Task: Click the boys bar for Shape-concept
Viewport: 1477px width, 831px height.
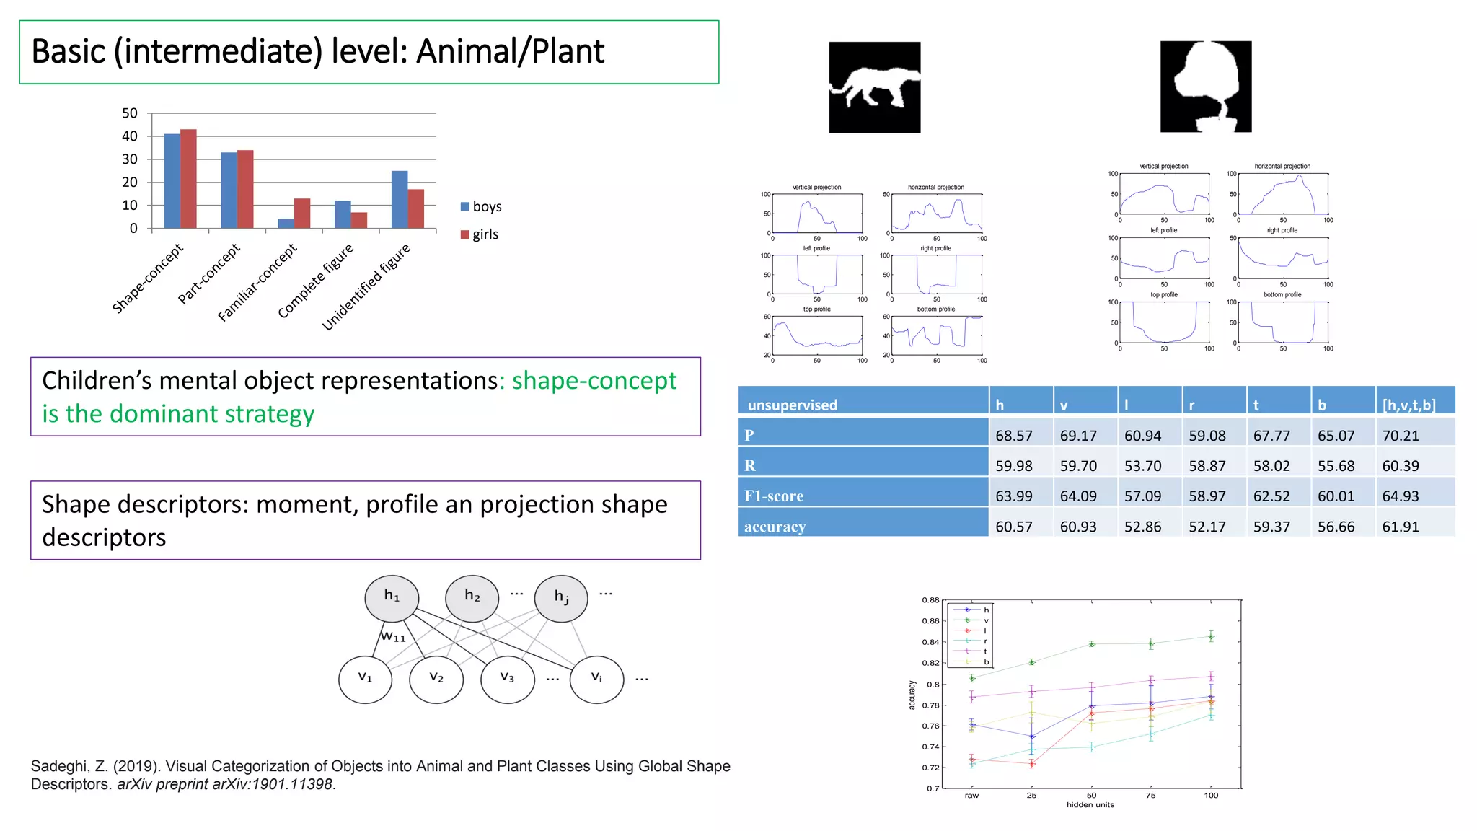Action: coord(172,181)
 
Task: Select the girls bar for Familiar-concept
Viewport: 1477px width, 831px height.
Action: coord(302,214)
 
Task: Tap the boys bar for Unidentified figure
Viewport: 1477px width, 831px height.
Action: coord(400,200)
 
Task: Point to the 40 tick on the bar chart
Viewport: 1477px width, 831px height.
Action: coord(130,136)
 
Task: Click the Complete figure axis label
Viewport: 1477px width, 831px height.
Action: coord(316,281)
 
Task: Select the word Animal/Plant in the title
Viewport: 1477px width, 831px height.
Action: coord(511,52)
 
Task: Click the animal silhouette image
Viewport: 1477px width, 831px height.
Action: coord(874,87)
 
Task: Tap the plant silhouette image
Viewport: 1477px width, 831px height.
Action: coord(1205,87)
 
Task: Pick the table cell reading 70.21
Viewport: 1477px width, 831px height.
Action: coord(1400,436)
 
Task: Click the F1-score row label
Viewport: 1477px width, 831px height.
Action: coord(774,496)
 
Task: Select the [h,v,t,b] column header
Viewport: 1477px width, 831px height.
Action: coord(1408,405)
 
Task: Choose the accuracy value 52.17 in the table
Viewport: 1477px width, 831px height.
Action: coord(1207,527)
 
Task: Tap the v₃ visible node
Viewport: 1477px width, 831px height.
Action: coord(508,679)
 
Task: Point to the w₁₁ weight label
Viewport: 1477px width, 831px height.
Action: coord(393,636)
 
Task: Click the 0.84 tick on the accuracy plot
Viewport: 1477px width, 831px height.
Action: coord(930,642)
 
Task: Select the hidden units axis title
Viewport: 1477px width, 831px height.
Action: coord(1090,805)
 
